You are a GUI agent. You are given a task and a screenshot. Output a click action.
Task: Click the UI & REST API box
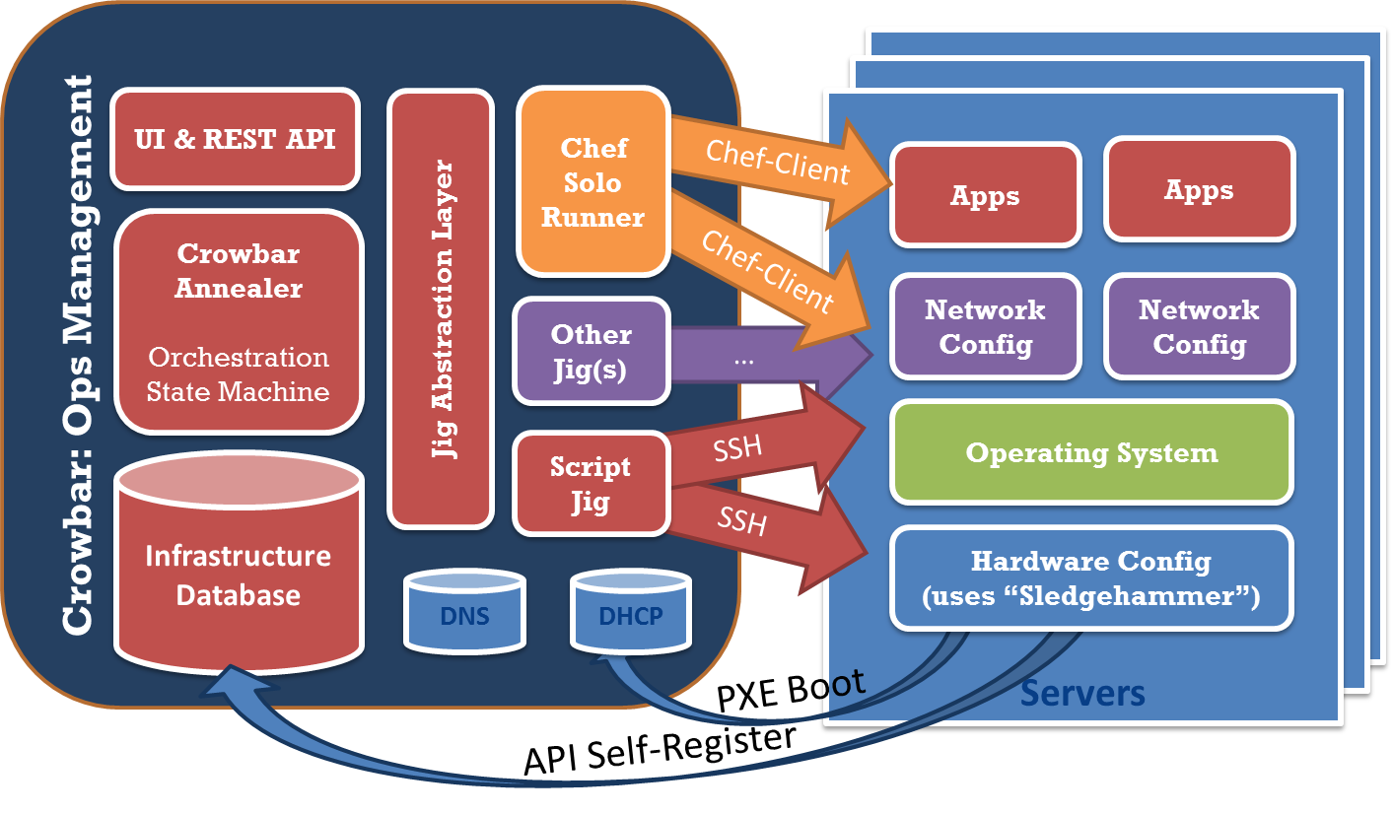pyautogui.click(x=235, y=139)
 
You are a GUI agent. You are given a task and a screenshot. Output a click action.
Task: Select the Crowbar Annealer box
pyautogui.click(x=239, y=321)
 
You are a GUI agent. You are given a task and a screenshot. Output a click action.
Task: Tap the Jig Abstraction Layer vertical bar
pyautogui.click(x=441, y=308)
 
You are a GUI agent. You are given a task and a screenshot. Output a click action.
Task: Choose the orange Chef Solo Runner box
pyautogui.click(x=593, y=182)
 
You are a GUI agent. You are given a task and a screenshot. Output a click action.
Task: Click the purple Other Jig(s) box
pyautogui.click(x=591, y=353)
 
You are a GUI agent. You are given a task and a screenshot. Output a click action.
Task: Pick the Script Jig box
pyautogui.click(x=591, y=484)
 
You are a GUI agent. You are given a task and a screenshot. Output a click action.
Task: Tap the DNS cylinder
pyautogui.click(x=462, y=617)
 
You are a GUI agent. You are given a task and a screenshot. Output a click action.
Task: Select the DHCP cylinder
pyautogui.click(x=631, y=617)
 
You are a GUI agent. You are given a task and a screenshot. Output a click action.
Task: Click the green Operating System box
pyautogui.click(x=1091, y=452)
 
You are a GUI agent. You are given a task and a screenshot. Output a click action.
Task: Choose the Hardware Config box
pyautogui.click(x=1091, y=578)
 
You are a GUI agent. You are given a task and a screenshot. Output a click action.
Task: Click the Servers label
pyautogui.click(x=1081, y=694)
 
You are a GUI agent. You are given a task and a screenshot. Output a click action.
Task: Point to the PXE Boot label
pyautogui.click(x=791, y=694)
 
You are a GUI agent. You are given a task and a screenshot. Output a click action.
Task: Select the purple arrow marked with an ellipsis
pyautogui.click(x=769, y=360)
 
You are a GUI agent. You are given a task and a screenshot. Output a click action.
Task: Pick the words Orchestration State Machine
pyautogui.click(x=239, y=374)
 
